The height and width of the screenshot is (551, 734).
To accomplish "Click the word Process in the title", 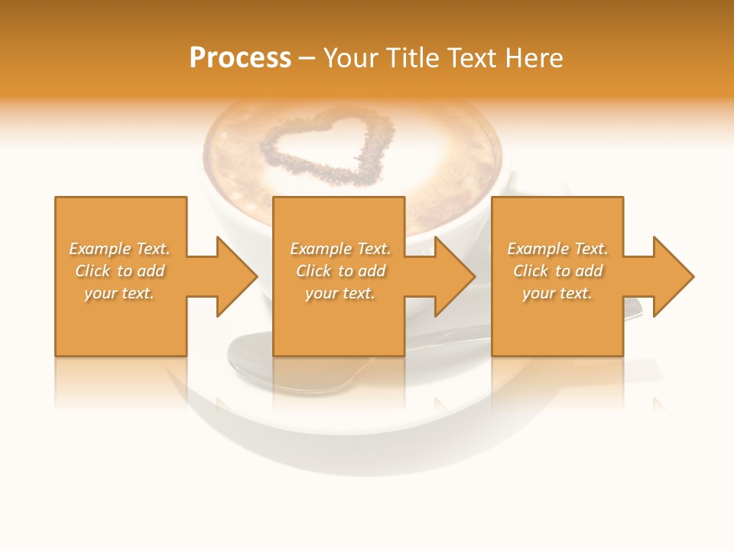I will [240, 58].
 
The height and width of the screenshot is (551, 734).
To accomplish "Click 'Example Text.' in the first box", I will [119, 249].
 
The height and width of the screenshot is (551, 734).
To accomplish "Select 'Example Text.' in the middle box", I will [340, 249].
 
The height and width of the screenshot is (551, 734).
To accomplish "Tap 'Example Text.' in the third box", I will [557, 249].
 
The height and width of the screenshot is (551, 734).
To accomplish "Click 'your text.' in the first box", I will [119, 293].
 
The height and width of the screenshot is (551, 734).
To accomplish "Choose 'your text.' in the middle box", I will [340, 293].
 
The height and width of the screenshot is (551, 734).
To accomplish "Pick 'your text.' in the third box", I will [557, 293].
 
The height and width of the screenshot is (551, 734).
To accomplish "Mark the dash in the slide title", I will [307, 59].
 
